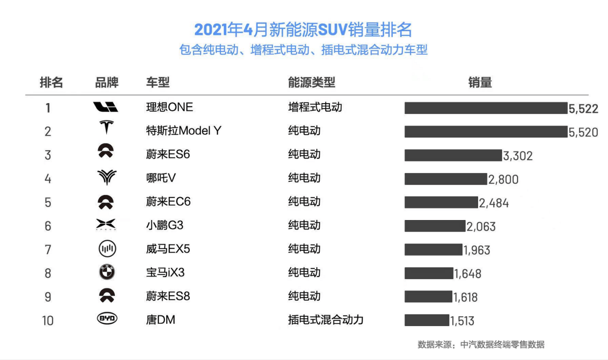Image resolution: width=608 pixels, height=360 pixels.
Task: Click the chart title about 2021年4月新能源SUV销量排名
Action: point(303,30)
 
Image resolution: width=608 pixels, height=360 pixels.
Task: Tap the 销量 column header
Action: point(480,82)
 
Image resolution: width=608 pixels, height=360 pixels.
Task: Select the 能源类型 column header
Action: point(311,82)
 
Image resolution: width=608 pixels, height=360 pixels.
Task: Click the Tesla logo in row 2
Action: point(106,128)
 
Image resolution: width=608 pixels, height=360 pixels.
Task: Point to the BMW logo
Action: point(107,272)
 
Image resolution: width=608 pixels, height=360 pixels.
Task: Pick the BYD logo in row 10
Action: point(107,319)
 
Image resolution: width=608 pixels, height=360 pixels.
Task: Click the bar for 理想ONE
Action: point(485,108)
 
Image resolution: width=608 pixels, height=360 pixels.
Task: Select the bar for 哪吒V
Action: point(445,179)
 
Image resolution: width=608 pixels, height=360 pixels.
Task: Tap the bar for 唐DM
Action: point(426,320)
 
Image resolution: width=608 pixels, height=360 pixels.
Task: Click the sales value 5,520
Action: point(583,132)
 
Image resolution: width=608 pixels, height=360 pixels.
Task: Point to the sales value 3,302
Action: point(517,156)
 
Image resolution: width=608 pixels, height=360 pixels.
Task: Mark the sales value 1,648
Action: point(468,274)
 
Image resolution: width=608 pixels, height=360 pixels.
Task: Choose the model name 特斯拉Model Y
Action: point(184,130)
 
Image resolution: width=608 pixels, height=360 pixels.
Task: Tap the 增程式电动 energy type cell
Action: point(315,107)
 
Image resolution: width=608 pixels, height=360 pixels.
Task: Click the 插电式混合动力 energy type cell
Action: point(325,320)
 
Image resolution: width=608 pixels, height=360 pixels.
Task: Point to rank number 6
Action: point(48,226)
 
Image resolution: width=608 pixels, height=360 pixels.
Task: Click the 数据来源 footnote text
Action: point(481,344)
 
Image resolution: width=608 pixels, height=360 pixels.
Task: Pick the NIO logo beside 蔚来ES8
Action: point(106,296)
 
